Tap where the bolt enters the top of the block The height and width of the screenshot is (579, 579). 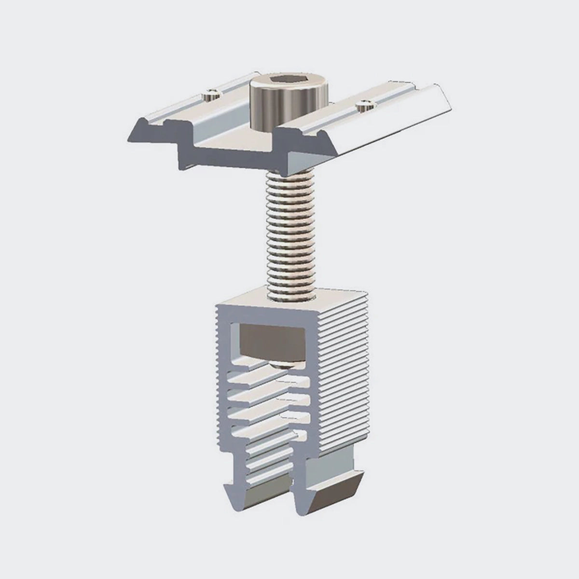click(288, 292)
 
